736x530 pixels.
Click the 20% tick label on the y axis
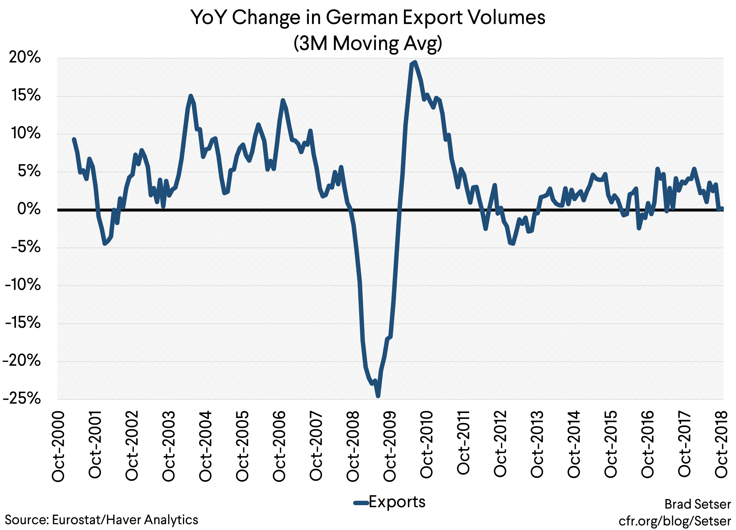coord(25,58)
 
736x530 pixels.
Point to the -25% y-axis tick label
coord(22,399)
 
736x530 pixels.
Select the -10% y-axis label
coord(23,285)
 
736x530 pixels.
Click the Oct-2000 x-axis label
coord(59,446)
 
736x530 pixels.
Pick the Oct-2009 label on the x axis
coord(390,446)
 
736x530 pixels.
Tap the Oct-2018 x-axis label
coord(722,445)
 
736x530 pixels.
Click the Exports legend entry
coord(389,502)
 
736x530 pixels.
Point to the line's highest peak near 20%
coord(415,62)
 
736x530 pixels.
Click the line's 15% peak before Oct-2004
coord(191,96)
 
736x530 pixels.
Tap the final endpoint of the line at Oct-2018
coord(722,209)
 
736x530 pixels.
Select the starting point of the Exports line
coord(74,139)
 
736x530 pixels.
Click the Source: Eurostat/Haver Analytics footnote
coord(101,520)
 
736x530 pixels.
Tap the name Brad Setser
coord(697,504)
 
